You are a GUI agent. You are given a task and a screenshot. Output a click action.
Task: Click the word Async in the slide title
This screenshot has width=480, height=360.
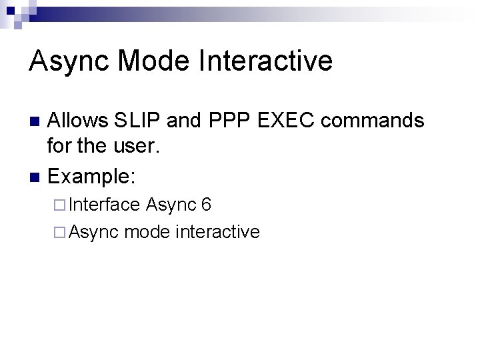point(70,61)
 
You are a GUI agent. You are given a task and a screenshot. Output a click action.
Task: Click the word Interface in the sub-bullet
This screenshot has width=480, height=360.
point(104,205)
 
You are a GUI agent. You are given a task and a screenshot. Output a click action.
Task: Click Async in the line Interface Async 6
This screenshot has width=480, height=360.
point(169,205)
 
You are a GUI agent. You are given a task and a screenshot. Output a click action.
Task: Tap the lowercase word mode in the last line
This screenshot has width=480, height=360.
point(146,232)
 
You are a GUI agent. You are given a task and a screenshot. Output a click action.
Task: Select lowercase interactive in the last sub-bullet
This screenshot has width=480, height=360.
point(217,232)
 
